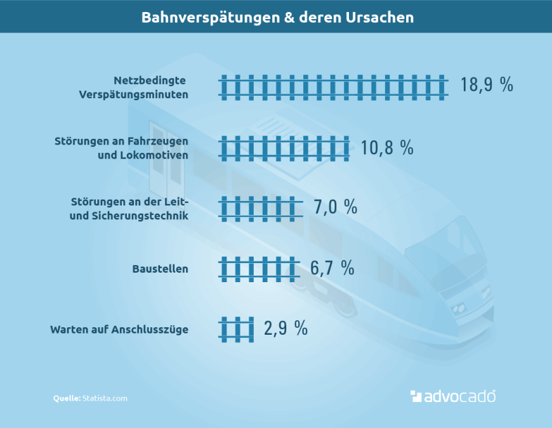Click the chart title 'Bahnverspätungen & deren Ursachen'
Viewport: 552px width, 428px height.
pos(277,17)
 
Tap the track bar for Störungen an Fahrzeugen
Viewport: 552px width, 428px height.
pos(284,148)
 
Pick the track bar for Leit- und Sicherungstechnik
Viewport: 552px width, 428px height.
pos(261,208)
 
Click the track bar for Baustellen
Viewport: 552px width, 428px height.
pos(259,269)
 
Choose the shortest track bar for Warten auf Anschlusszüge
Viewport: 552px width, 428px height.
pos(237,329)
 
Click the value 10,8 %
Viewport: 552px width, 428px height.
pos(387,148)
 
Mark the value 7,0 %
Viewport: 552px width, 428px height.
pos(336,207)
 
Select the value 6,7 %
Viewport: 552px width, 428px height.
pos(332,268)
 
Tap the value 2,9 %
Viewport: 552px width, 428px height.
pos(286,328)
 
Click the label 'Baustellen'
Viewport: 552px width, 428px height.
pos(160,269)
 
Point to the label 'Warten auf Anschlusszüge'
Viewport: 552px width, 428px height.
pos(119,329)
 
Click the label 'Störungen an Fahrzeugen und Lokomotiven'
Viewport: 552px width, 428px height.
pos(121,148)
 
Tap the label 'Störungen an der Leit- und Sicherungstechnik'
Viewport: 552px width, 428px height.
pos(129,209)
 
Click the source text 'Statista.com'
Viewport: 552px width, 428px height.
pos(105,398)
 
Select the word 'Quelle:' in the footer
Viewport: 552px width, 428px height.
pos(67,398)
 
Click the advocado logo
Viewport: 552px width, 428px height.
pos(452,396)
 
